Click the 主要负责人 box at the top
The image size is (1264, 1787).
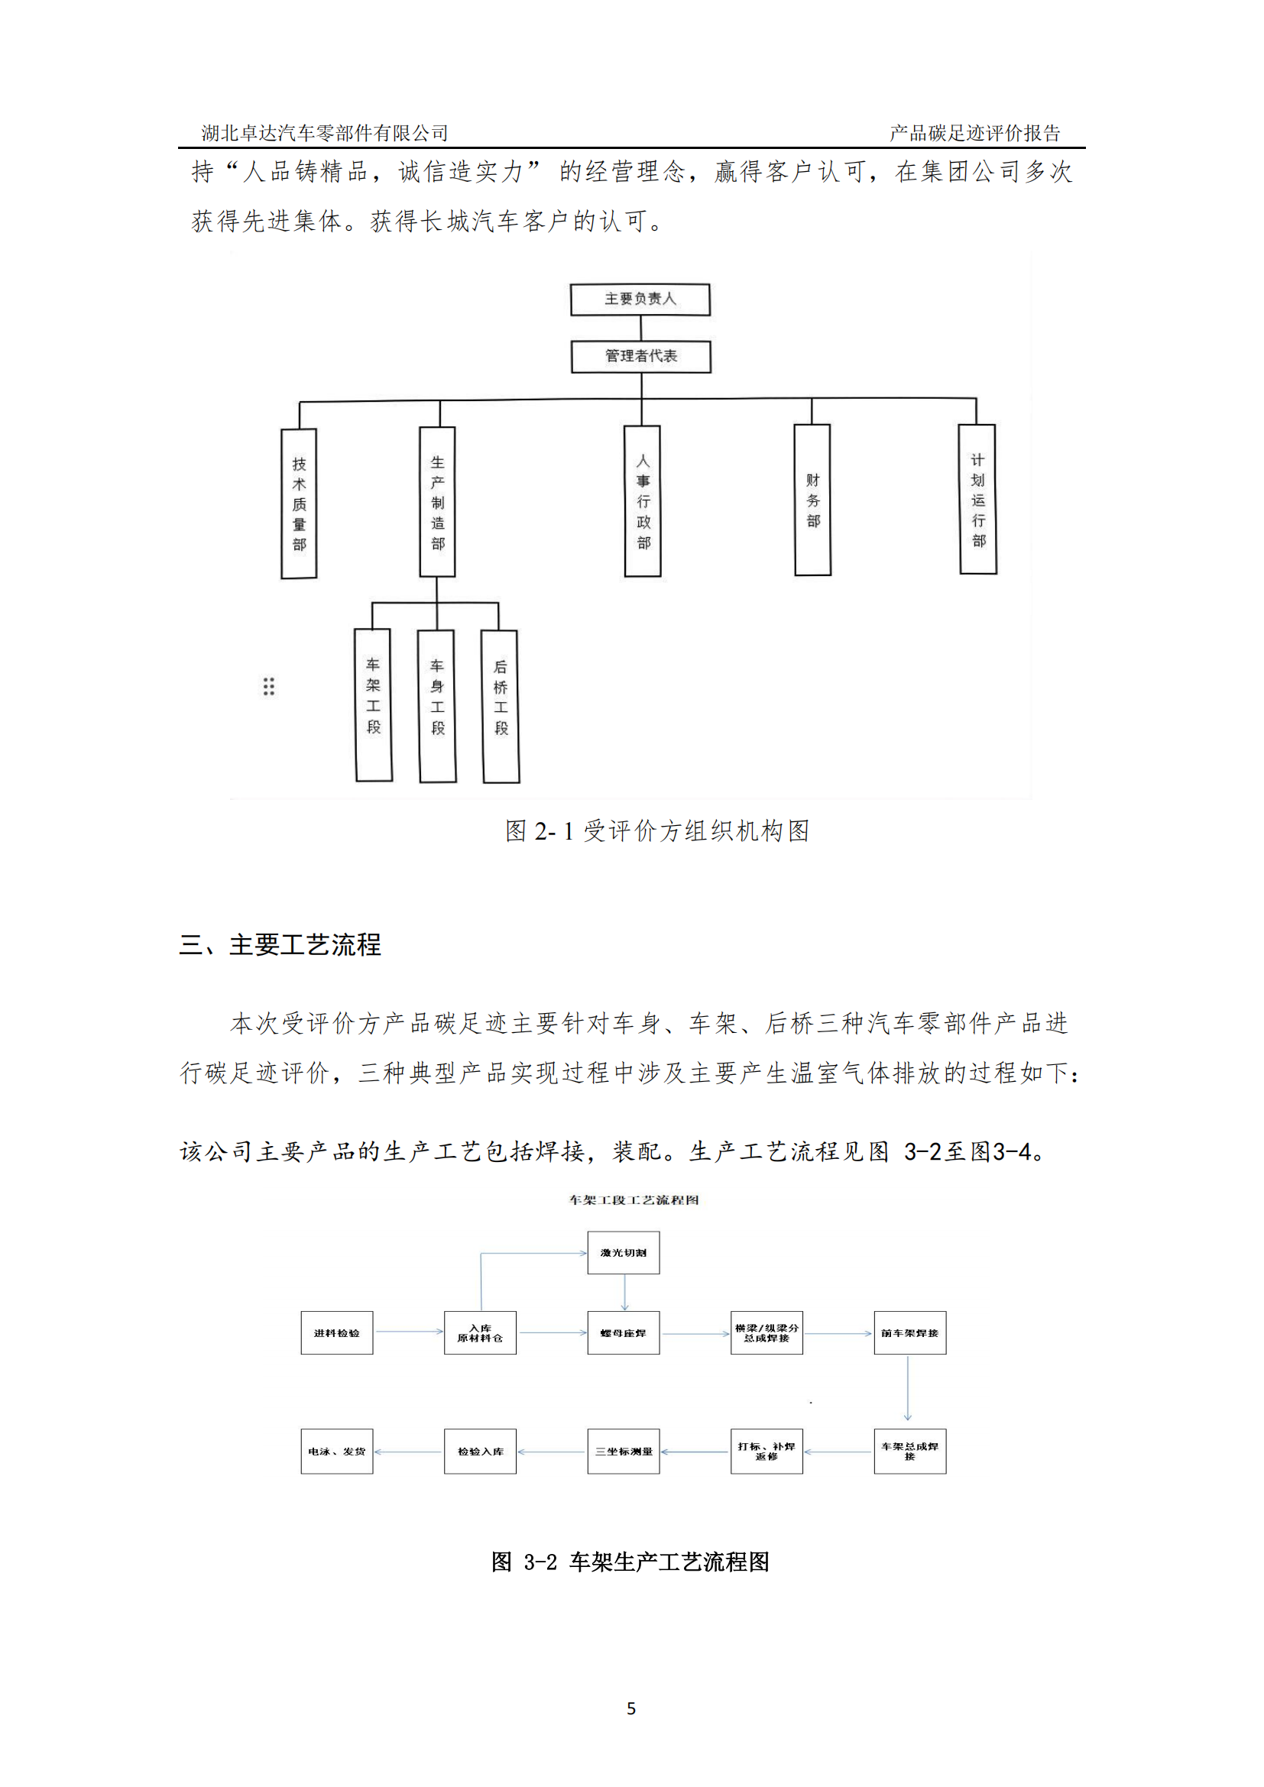(640, 299)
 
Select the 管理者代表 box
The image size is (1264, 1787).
(640, 357)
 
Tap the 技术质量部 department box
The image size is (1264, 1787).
(299, 503)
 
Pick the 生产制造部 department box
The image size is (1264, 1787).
(437, 502)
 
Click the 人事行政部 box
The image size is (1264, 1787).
(643, 501)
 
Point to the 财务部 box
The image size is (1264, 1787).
(812, 500)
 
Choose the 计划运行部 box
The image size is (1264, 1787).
(977, 499)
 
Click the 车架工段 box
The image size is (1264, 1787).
(374, 704)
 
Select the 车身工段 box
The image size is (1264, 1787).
(437, 705)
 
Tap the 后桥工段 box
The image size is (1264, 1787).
(501, 706)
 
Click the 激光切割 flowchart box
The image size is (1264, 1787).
(624, 1252)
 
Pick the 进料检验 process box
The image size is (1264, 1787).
(337, 1332)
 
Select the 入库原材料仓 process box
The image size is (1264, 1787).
(480, 1332)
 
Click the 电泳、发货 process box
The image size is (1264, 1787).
(337, 1451)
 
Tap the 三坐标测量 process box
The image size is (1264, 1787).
(624, 1451)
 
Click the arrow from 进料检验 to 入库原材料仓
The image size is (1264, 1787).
(409, 1332)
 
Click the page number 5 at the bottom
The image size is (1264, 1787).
(631, 1708)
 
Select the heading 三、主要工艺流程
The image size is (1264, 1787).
(280, 945)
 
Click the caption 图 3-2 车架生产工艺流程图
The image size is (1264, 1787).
(630, 1562)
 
